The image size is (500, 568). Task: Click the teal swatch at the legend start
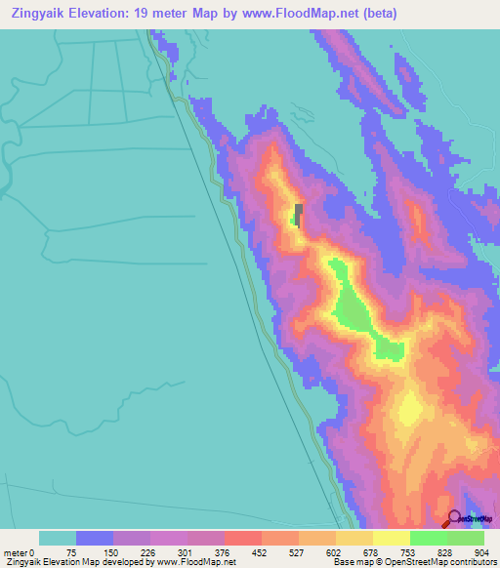(x=57, y=538)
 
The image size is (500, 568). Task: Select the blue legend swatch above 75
(x=95, y=538)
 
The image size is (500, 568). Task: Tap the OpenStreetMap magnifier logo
(x=456, y=520)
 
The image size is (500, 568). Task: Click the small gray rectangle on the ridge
(x=299, y=214)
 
